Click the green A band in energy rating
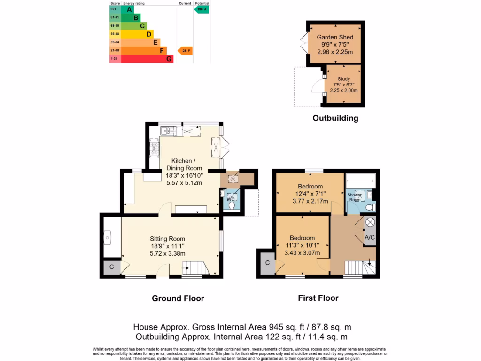[x=128, y=9]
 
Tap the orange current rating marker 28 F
[x=185, y=50]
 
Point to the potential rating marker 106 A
[x=202, y=9]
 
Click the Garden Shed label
[x=335, y=37]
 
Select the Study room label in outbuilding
[x=344, y=79]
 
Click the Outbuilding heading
[x=335, y=118]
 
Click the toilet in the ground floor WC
[x=231, y=205]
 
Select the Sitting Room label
[x=168, y=238]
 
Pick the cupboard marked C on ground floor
[x=111, y=267]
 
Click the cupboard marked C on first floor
[x=267, y=263]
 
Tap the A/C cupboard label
[x=370, y=238]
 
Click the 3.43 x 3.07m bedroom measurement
[x=302, y=253]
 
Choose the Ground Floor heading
[x=178, y=298]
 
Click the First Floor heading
[x=318, y=298]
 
